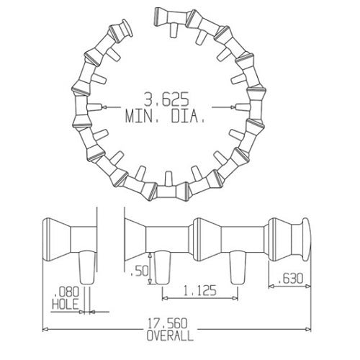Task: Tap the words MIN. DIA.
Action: coord(166,116)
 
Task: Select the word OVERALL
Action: coord(169,336)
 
